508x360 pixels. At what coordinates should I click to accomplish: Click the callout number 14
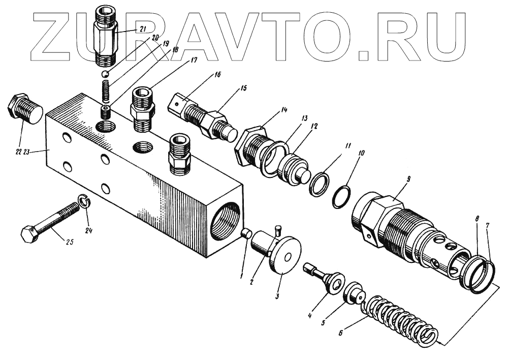(283, 110)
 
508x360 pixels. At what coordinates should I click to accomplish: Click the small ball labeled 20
(106, 75)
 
